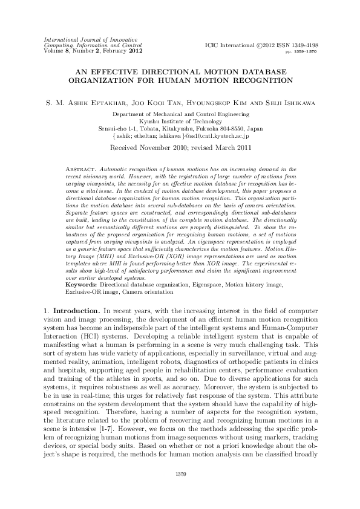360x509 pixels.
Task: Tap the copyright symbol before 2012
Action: pos(257,45)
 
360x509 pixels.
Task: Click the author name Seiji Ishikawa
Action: pos(292,102)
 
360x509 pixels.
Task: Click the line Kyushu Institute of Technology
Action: pos(180,121)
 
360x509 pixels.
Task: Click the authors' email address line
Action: pos(180,136)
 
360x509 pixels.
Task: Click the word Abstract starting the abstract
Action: pos(78,165)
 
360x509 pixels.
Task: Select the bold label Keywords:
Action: pos(81,267)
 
